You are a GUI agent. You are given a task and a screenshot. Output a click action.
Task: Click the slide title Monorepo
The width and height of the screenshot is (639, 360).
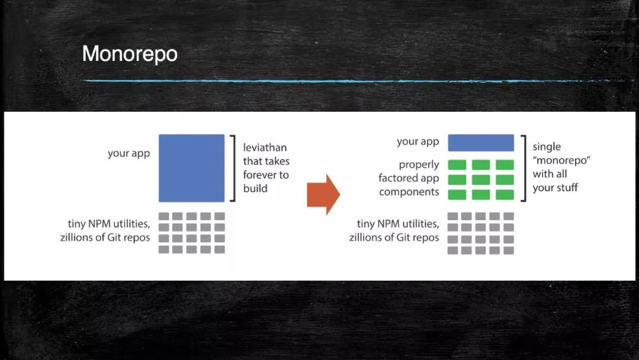click(x=130, y=54)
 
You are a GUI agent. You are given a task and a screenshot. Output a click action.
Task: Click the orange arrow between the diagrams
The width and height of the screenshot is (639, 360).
click(x=323, y=194)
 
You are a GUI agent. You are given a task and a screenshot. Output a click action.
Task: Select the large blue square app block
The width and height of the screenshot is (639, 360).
click(x=192, y=168)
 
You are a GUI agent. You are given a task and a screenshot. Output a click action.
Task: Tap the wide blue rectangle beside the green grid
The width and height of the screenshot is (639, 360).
click(x=481, y=143)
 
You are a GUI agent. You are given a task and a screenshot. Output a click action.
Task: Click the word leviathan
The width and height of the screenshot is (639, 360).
click(x=265, y=147)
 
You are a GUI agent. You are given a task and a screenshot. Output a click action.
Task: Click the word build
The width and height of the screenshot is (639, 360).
click(x=255, y=188)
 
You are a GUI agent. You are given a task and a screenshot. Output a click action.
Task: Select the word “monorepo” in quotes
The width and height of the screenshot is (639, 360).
click(x=561, y=160)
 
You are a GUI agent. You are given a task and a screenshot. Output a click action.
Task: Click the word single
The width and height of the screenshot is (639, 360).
click(x=547, y=147)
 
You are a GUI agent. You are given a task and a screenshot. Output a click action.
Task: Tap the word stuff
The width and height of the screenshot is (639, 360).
click(x=567, y=188)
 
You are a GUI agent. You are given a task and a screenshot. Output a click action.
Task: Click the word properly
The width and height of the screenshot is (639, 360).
click(x=419, y=165)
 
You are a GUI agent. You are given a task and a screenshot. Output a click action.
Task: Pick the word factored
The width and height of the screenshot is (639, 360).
click(x=398, y=178)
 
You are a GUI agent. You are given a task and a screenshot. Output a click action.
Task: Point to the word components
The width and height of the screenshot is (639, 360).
click(x=409, y=192)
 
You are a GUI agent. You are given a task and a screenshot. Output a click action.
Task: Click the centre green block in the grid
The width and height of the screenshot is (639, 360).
click(x=481, y=180)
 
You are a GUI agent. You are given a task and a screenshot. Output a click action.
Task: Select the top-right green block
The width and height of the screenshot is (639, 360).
click(x=505, y=165)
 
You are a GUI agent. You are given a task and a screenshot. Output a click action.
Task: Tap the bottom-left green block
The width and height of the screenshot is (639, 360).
click(x=457, y=194)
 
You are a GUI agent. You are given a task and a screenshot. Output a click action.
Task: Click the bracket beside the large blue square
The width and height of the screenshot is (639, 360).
click(x=234, y=168)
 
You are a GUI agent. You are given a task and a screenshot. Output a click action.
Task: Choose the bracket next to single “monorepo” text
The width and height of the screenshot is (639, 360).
click(x=524, y=168)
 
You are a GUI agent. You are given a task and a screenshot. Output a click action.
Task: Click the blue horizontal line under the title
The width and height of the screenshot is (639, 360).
click(x=350, y=81)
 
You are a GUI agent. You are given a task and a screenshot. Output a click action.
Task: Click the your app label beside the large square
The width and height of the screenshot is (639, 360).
click(x=129, y=154)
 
